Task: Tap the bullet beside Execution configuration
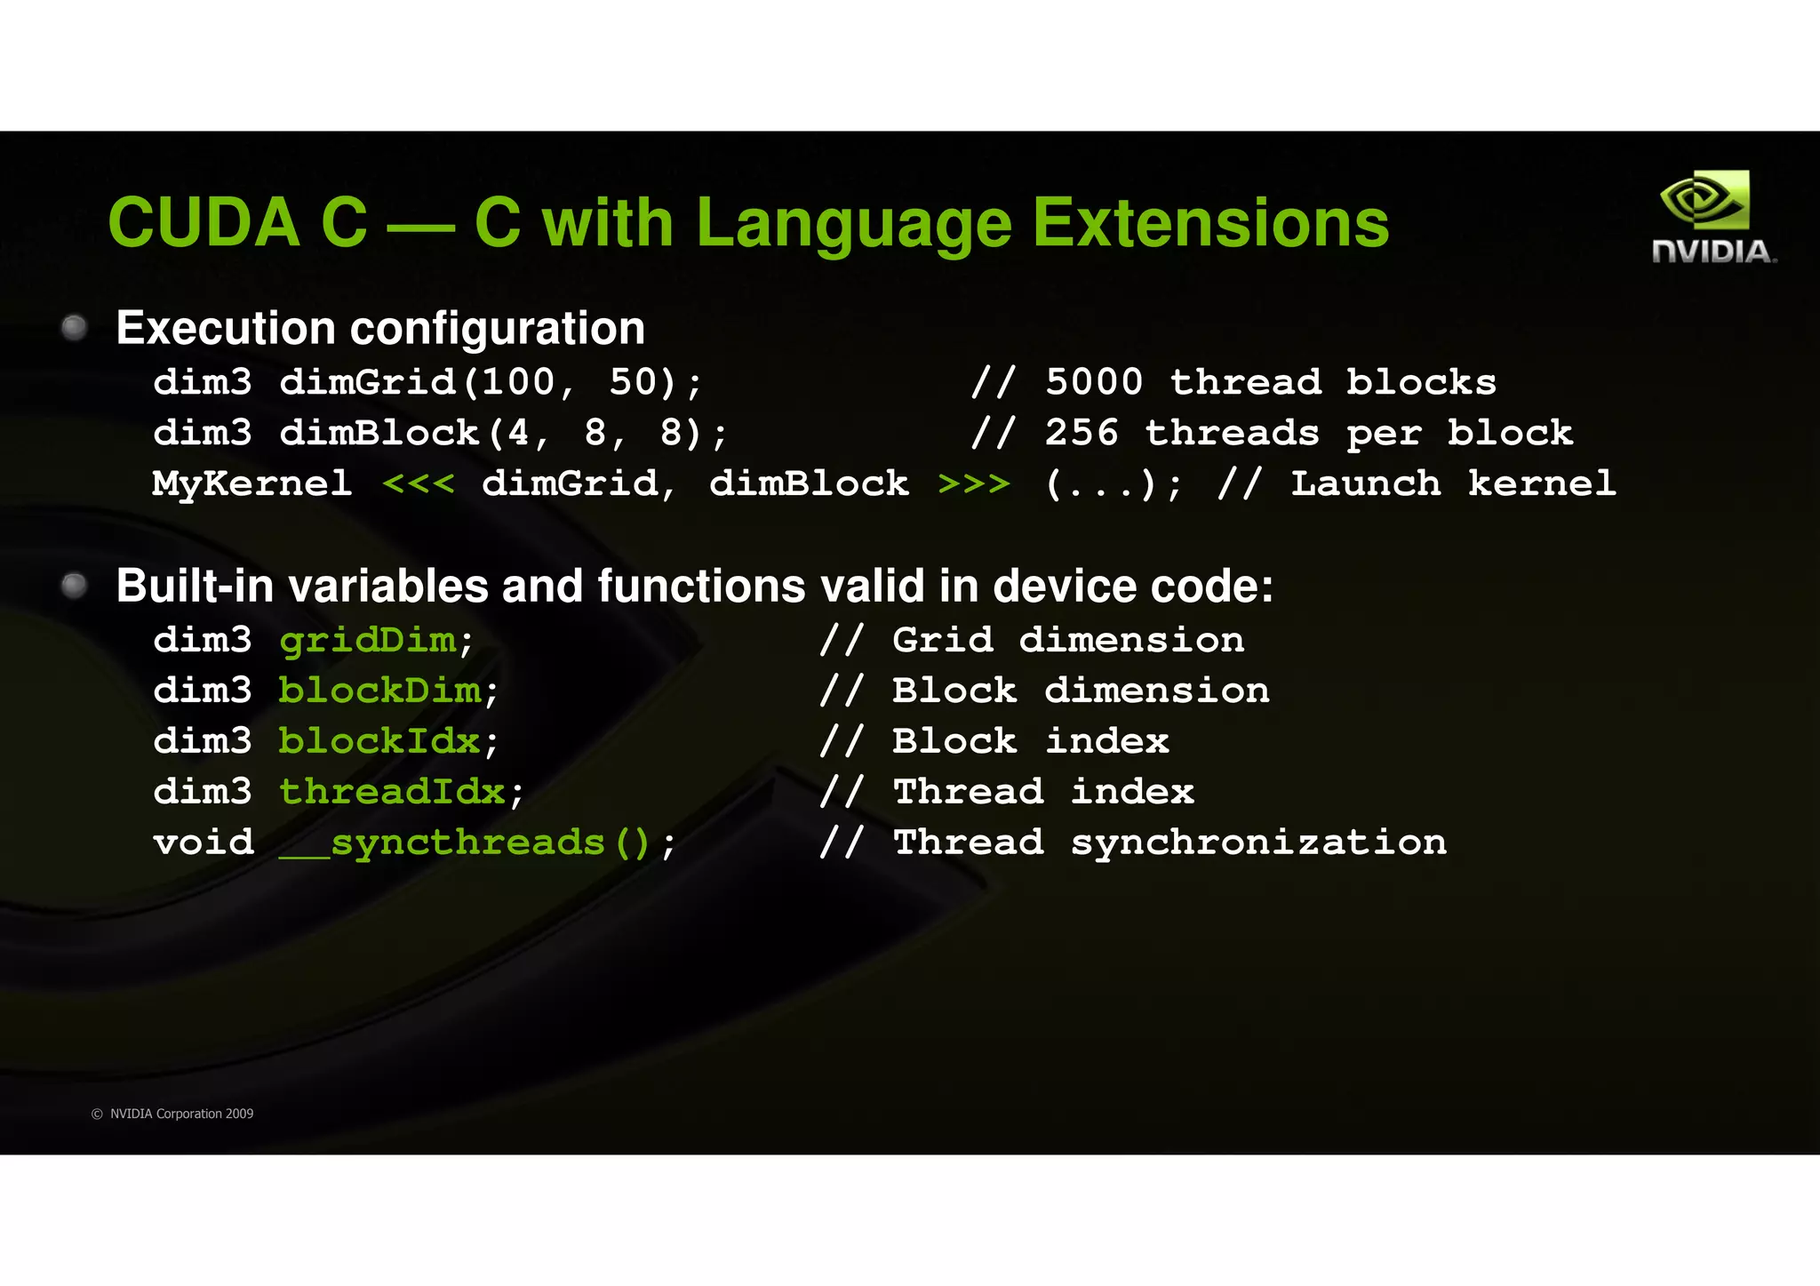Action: tap(75, 328)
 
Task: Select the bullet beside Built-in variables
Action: tap(75, 586)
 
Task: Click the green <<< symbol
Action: tap(418, 484)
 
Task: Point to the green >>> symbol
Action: tap(974, 484)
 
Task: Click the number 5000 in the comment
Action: tap(1094, 383)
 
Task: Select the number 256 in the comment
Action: tap(1081, 434)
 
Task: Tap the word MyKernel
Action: tap(251, 484)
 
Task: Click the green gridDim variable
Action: tap(368, 641)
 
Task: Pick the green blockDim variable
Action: tap(380, 691)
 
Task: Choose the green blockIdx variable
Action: tap(380, 742)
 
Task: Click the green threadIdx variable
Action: tap(393, 793)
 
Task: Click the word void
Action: tap(204, 843)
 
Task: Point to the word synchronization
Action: tap(1258, 843)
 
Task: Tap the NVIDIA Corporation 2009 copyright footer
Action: tap(172, 1114)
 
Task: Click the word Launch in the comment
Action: tap(1365, 484)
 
